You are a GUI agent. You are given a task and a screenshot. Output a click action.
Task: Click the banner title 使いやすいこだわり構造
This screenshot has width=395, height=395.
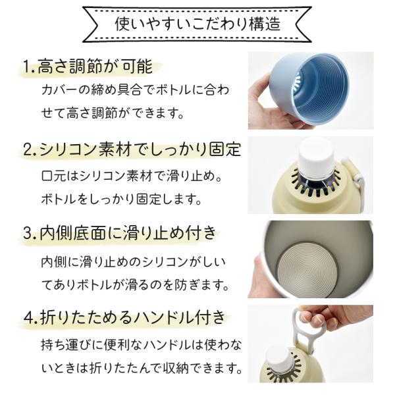197,24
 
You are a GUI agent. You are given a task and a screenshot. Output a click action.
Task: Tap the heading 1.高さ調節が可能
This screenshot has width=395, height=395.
88,66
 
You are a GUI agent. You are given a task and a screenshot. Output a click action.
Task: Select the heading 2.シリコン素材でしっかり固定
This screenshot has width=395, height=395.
132,149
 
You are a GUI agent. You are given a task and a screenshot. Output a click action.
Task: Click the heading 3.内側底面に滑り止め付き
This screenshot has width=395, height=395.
120,232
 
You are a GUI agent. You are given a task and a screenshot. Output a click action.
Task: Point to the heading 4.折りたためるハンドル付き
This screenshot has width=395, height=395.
124,317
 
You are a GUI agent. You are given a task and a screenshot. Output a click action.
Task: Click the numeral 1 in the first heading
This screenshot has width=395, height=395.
27,67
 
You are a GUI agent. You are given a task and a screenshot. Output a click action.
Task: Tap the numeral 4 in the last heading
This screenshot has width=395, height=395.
29,318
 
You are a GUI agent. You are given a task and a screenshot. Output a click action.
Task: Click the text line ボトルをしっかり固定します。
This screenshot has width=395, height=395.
121,199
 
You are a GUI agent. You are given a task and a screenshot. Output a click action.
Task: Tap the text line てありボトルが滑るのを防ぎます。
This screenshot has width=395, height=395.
135,285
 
